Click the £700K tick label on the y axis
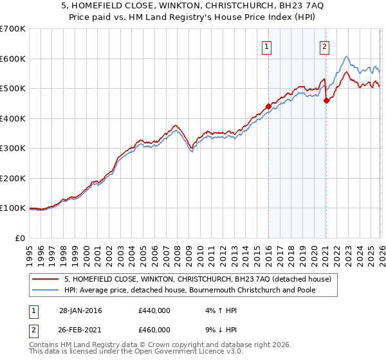coord(13,29)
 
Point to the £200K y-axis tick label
coord(13,179)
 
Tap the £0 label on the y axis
coord(19,239)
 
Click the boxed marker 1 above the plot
coord(266,46)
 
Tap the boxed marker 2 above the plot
coord(325,46)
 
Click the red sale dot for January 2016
coord(268,107)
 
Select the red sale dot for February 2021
coord(326,100)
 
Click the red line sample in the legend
coord(45,279)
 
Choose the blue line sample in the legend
coord(45,290)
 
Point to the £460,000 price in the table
coord(154,330)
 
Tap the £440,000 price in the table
coord(154,310)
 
